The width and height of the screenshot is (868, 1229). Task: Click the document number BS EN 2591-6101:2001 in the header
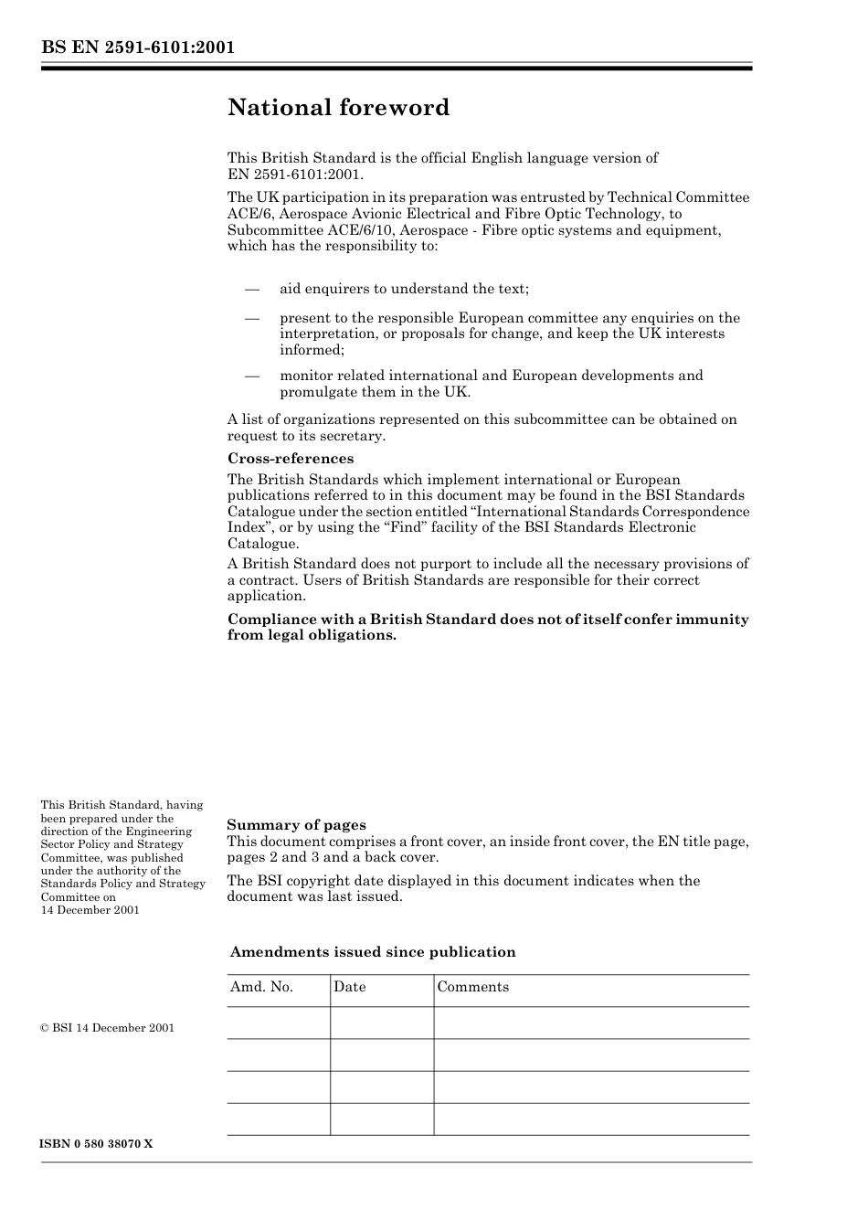click(137, 48)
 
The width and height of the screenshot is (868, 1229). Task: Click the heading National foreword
click(338, 108)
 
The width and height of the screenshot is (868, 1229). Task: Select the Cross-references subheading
click(290, 459)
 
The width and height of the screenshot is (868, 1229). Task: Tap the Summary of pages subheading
click(296, 824)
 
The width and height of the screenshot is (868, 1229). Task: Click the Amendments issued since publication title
click(372, 952)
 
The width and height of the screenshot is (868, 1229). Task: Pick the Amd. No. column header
click(261, 987)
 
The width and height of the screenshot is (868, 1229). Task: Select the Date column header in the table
click(349, 987)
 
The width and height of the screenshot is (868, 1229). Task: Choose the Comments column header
click(472, 987)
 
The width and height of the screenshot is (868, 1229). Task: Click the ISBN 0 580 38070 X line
click(96, 1144)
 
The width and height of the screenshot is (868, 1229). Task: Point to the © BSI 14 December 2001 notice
click(107, 1028)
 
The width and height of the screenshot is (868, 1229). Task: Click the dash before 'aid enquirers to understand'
click(252, 289)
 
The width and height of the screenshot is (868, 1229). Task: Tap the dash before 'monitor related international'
click(252, 376)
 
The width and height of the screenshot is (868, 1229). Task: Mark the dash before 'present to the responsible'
click(252, 318)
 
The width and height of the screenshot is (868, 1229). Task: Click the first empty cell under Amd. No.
click(278, 1022)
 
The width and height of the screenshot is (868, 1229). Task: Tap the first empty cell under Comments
click(590, 1022)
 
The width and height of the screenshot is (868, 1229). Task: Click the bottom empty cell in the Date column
click(381, 1119)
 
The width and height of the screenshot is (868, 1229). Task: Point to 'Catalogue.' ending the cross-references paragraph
click(262, 544)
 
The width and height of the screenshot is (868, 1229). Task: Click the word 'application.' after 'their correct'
click(266, 596)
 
